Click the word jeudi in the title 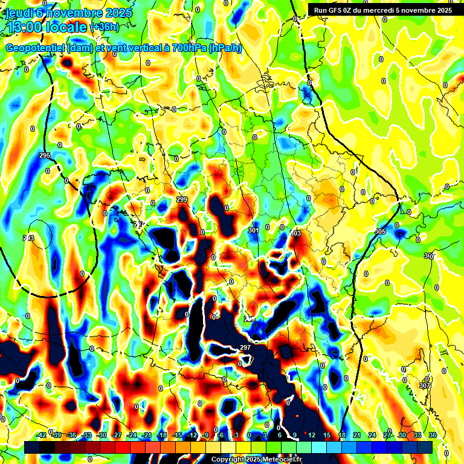pos(21,13)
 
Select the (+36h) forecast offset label pos(105,27)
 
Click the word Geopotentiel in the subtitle pos(36,48)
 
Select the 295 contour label pos(44,156)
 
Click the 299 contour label pos(182,199)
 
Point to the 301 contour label pos(253,230)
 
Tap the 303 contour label pos(295,233)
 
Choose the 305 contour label pos(380,232)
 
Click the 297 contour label pos(245,347)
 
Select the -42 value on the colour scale pos(42,435)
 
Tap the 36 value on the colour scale pos(432,435)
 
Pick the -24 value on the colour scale pos(132,435)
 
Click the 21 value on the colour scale pos(357,435)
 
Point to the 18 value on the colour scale pos(342,435)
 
